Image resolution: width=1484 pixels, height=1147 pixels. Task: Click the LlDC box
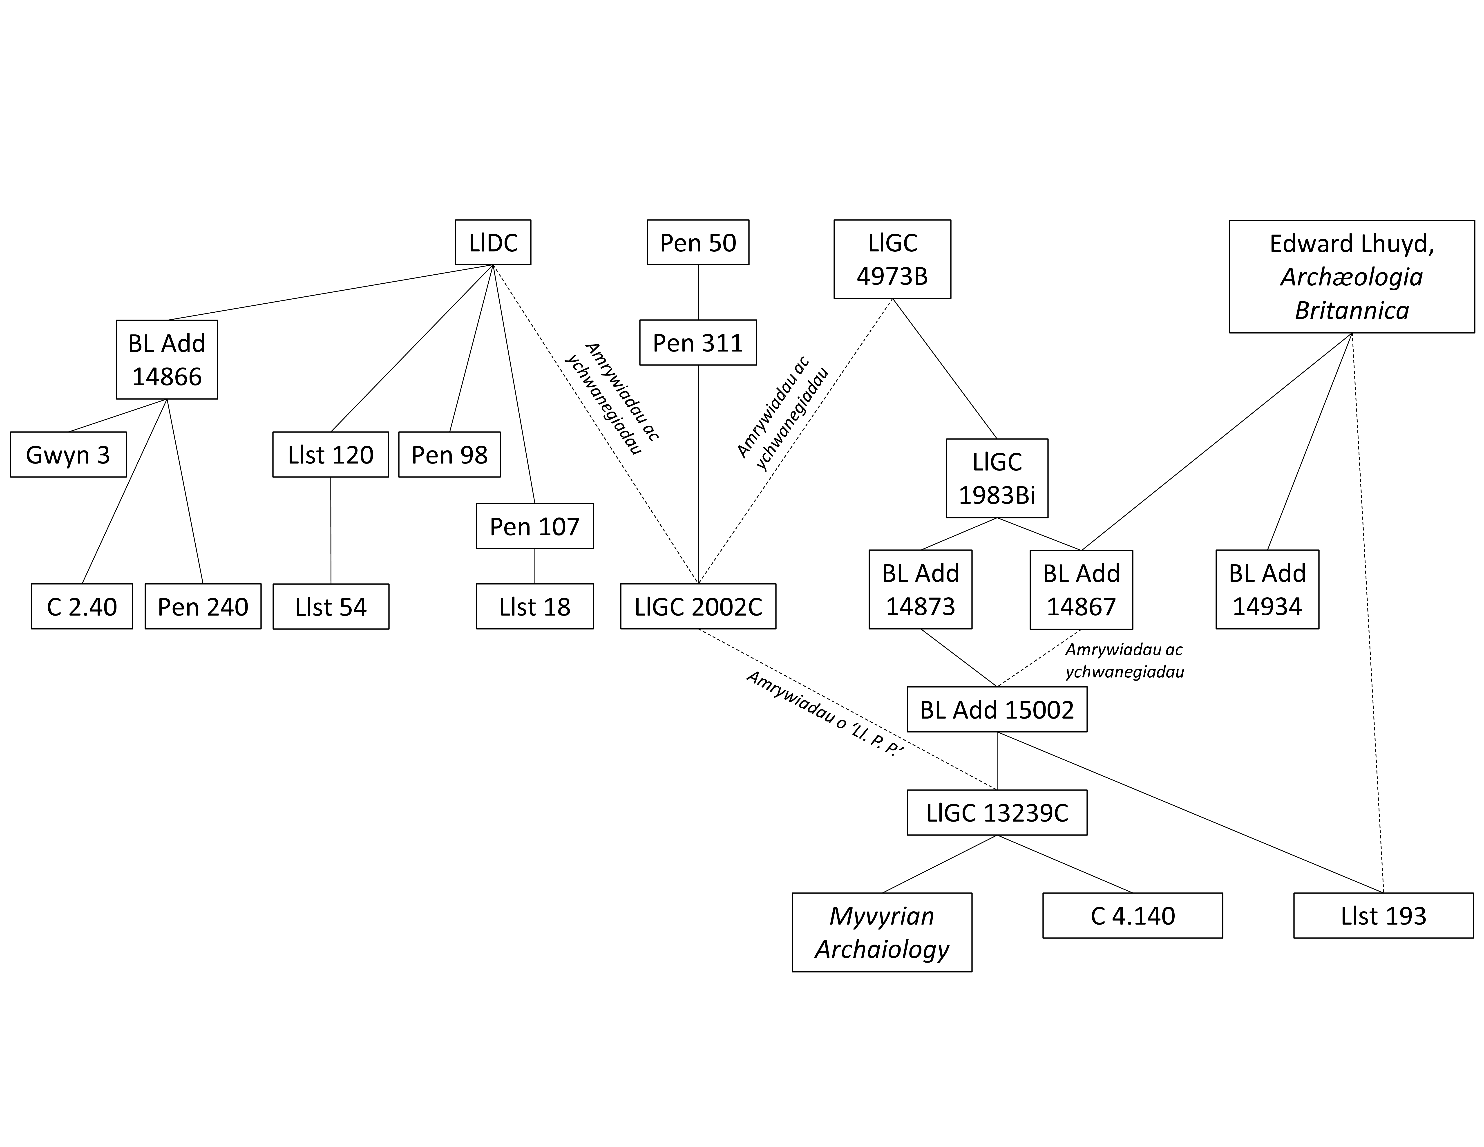point(493,243)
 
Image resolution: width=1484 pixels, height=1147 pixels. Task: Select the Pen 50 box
point(698,243)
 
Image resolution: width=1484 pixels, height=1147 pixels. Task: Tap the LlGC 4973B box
point(892,259)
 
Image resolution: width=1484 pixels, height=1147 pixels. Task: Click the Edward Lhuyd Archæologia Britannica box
point(1352,277)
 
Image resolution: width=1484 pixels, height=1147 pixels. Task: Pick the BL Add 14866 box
point(166,359)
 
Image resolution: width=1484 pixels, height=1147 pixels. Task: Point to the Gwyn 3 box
point(68,455)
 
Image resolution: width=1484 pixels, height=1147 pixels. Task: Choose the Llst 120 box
point(330,455)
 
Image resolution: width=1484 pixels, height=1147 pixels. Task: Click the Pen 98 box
point(449,455)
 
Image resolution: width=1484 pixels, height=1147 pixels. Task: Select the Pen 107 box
point(535,526)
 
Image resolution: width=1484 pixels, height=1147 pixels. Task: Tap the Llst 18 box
point(535,606)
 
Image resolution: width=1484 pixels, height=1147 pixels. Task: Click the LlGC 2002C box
point(698,606)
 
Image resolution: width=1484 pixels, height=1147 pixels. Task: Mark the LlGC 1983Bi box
point(997,478)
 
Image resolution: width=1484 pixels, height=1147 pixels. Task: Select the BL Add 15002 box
point(997,709)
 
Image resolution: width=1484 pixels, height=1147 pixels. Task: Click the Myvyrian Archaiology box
point(882,932)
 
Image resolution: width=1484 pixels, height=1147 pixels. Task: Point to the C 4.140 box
point(1133,915)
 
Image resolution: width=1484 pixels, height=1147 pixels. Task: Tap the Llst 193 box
point(1383,915)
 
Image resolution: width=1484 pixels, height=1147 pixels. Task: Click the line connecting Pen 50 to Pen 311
point(699,292)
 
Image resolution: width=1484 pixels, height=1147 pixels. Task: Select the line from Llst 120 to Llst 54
point(331,530)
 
